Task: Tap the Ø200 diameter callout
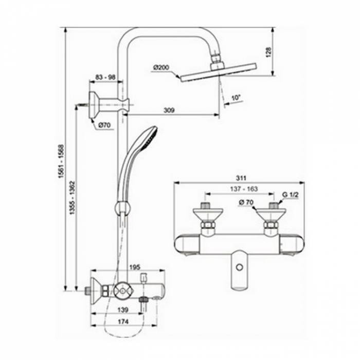click(161, 67)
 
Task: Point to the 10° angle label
click(236, 97)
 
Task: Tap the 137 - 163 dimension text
click(241, 188)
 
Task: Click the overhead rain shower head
click(218, 71)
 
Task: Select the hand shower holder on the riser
click(122, 208)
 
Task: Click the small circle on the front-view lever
click(239, 267)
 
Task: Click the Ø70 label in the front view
click(246, 202)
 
